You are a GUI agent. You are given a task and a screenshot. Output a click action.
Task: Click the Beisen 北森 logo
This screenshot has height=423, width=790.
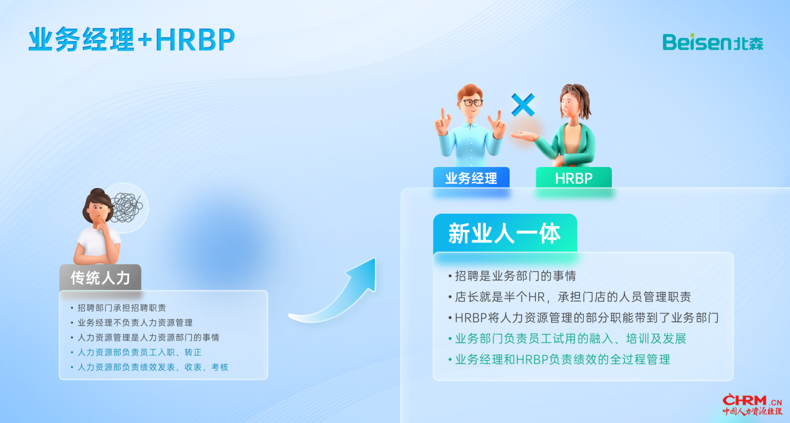[x=713, y=42]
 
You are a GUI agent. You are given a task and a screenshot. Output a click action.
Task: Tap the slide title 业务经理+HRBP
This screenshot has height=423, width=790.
[x=131, y=39]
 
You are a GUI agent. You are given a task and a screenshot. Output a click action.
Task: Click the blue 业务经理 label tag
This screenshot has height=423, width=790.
[x=471, y=178]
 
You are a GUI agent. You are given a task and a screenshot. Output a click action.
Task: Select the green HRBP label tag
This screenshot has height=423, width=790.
[x=574, y=178]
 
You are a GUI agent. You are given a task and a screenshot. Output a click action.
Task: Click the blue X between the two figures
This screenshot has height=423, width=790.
[x=523, y=105]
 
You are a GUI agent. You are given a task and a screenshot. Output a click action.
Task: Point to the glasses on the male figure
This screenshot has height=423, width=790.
[x=472, y=103]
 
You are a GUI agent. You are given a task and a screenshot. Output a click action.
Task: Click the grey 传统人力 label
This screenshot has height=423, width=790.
[x=100, y=278]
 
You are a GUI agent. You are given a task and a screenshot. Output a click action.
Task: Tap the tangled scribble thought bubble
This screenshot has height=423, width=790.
[x=127, y=207]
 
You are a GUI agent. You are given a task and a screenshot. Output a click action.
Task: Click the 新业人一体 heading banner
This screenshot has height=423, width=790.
[x=505, y=233]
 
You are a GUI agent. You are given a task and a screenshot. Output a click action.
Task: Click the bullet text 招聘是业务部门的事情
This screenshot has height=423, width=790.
[x=515, y=275]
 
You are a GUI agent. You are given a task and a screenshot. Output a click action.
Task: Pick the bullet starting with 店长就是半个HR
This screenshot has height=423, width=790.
[x=573, y=297]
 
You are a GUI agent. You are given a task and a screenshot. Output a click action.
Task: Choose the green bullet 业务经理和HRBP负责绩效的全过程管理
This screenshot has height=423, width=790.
[x=563, y=359]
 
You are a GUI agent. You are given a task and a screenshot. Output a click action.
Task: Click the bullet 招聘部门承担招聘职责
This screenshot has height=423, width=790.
[x=121, y=308]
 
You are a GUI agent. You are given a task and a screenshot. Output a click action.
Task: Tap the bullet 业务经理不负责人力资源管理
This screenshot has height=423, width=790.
[x=135, y=323]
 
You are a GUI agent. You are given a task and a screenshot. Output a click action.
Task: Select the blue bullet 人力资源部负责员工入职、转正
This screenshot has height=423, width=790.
[x=140, y=352]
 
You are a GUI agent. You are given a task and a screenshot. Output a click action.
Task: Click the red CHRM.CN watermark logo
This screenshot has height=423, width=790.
[x=752, y=405]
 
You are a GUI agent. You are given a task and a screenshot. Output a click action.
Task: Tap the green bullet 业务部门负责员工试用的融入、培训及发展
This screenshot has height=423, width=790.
[x=571, y=339]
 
